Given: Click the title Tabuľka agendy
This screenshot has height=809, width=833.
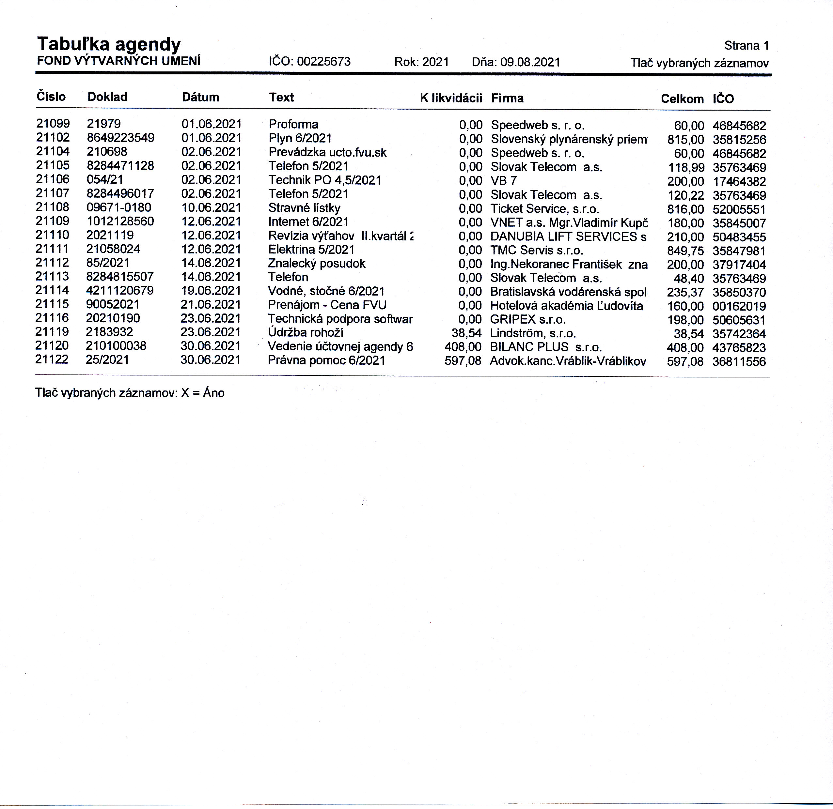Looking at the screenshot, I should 109,44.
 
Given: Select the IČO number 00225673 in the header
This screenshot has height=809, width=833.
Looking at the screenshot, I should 323,62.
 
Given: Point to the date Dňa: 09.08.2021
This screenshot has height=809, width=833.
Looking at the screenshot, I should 516,62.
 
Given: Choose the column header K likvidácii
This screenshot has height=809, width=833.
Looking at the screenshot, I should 451,98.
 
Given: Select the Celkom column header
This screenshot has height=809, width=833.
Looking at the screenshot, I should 682,99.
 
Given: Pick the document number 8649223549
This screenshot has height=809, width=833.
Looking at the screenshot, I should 120,138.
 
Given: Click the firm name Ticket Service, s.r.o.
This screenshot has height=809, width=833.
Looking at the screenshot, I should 545,209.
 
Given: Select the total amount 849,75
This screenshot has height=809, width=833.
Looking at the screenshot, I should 685,251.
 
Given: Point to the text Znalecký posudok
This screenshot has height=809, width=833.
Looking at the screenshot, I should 316,264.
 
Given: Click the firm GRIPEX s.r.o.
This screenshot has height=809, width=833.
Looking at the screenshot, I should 528,319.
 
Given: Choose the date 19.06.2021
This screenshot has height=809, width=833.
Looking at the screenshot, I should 211,291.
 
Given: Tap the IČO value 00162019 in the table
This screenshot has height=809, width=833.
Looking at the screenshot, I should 739,306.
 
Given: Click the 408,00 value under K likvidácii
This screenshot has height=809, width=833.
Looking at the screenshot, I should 463,347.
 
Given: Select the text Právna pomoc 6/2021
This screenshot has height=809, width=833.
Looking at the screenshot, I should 326,360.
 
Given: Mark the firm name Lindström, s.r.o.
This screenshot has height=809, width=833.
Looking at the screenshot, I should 533,333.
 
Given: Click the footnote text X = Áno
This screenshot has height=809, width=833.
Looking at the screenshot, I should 202,393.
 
